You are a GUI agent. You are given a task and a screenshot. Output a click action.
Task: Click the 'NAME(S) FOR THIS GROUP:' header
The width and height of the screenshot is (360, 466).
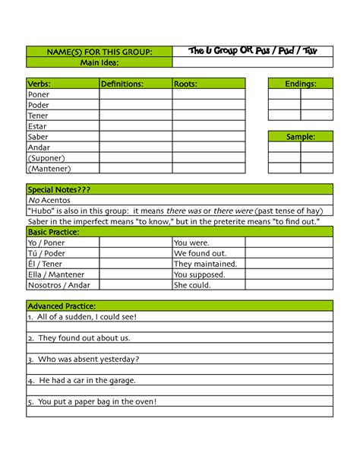point(100,52)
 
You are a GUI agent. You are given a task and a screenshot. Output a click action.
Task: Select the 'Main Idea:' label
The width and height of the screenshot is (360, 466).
point(100,62)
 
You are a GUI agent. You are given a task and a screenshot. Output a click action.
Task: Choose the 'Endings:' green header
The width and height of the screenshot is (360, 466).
point(301,84)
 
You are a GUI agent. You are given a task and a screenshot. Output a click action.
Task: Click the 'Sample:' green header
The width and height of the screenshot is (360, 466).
point(301,137)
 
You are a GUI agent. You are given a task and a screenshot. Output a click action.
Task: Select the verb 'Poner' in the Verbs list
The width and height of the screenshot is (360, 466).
point(39,95)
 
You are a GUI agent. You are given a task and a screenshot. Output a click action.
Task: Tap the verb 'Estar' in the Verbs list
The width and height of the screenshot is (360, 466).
point(37,126)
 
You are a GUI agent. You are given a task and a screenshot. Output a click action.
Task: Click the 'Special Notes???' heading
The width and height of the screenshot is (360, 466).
point(59,189)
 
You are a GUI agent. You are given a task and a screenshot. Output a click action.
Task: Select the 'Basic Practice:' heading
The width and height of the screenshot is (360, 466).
point(53,232)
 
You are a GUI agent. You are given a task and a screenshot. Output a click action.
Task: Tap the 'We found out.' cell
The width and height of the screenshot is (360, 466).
point(201,253)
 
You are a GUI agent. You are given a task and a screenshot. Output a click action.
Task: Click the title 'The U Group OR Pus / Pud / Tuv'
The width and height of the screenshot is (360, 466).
point(253,51)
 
